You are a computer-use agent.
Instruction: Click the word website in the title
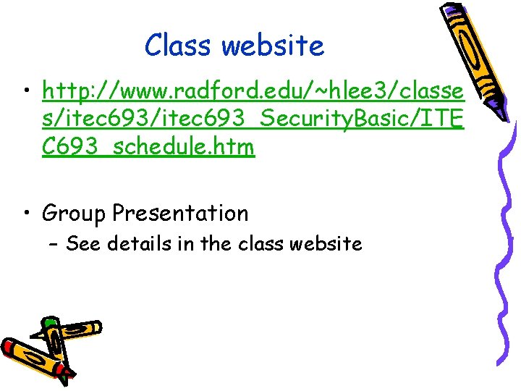pyautogui.click(x=273, y=46)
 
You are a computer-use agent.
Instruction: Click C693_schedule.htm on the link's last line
pyautogui.click(x=148, y=147)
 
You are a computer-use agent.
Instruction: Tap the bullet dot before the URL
pyautogui.click(x=27, y=93)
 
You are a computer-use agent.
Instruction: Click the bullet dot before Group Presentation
pyautogui.click(x=27, y=214)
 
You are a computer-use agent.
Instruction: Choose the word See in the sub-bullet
pyautogui.click(x=83, y=243)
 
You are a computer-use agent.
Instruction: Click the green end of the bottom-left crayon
pyautogui.click(x=49, y=322)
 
